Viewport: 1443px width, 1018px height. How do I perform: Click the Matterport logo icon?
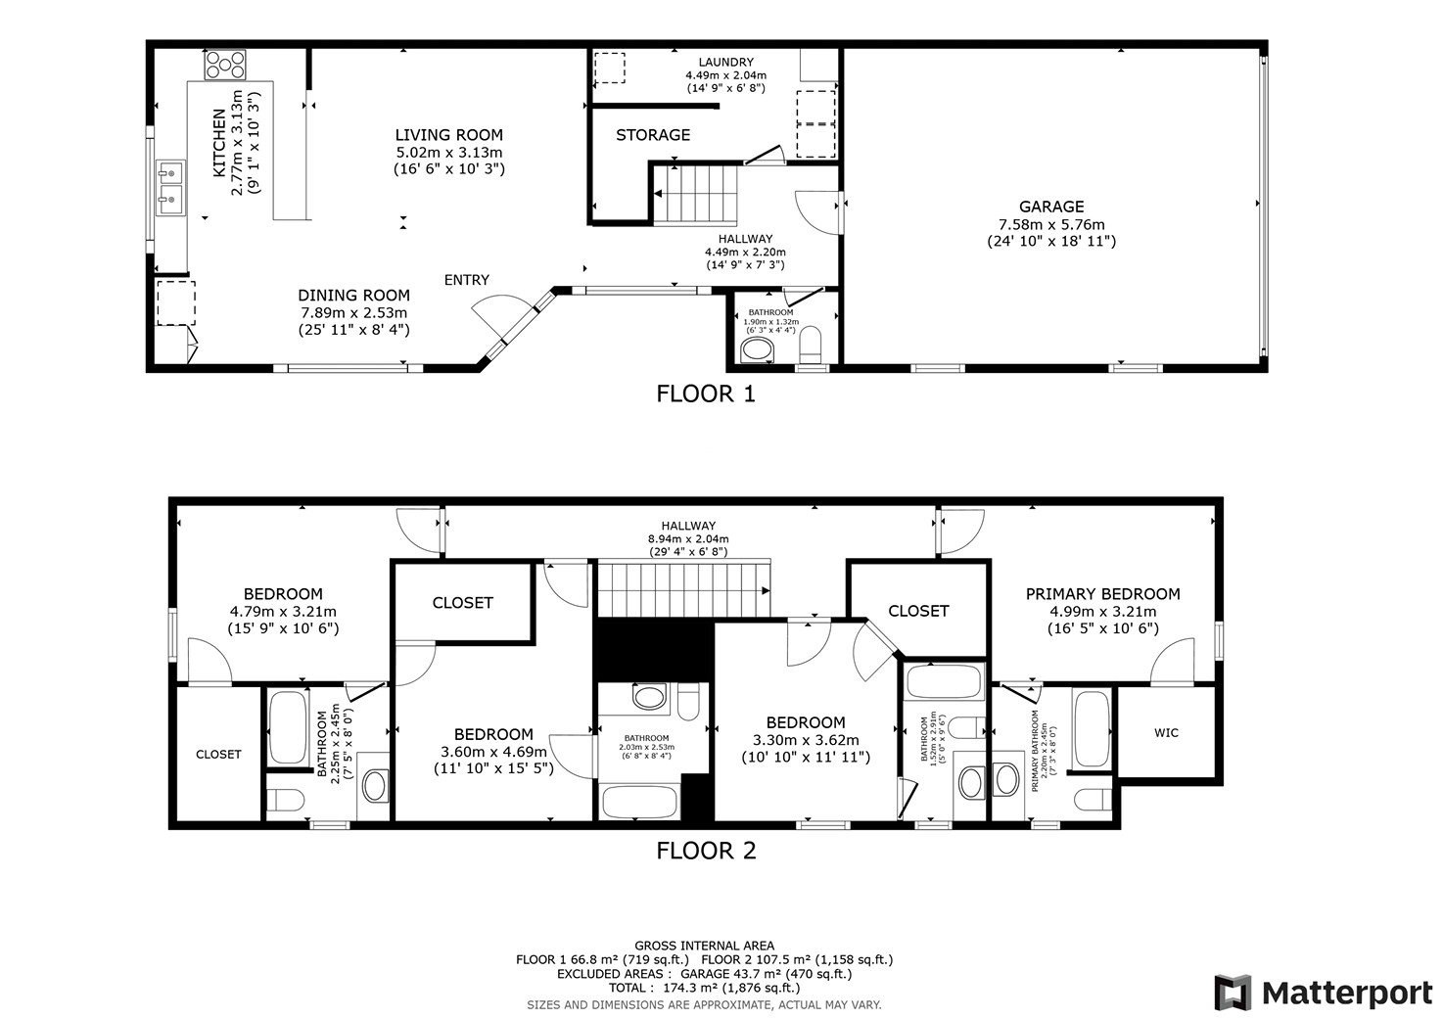(x=1233, y=992)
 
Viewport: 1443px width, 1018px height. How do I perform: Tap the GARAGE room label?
(x=1051, y=207)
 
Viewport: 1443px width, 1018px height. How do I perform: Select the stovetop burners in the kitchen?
(x=224, y=65)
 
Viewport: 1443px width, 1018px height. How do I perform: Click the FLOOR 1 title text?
(x=706, y=394)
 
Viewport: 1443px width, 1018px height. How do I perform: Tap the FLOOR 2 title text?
(x=706, y=851)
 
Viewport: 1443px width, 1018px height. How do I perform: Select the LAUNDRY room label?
(x=725, y=63)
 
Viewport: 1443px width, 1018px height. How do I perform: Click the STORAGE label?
(x=653, y=135)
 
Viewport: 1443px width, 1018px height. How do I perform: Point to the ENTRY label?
(x=466, y=280)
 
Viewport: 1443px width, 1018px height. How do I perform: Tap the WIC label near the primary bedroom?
(x=1166, y=732)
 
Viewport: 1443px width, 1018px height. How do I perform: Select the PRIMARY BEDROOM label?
(x=1102, y=594)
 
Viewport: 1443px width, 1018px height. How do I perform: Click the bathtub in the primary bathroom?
(x=1092, y=729)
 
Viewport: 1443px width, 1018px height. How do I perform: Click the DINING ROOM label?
(x=353, y=296)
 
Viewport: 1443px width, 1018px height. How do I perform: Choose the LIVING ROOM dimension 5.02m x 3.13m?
(x=448, y=153)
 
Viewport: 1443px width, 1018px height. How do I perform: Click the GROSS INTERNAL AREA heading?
(x=704, y=946)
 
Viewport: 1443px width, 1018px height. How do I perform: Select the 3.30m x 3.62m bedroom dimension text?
(x=805, y=740)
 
